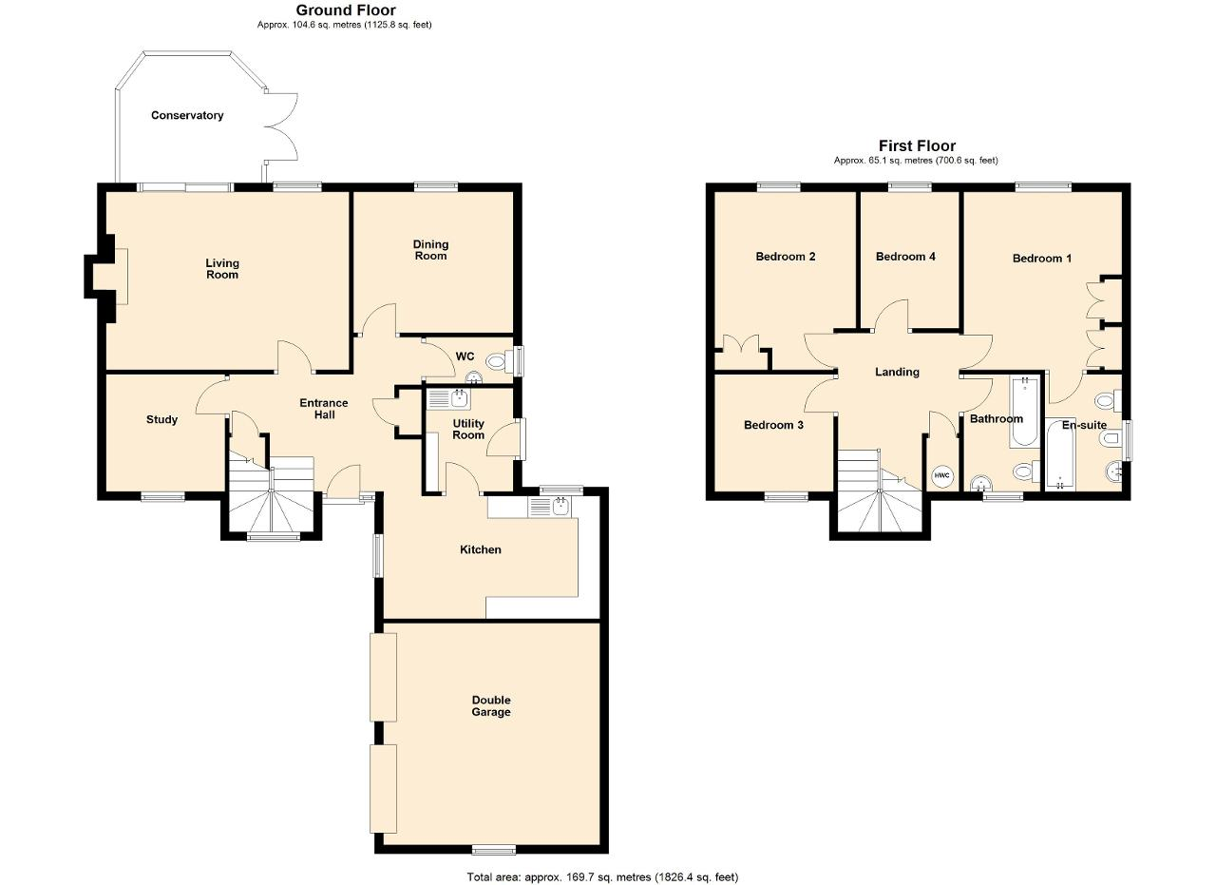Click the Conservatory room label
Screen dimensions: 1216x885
click(x=187, y=115)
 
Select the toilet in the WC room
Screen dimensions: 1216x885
click(x=500, y=361)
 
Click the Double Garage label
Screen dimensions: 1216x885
click(x=491, y=705)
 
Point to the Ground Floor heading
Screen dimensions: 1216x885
click(x=346, y=10)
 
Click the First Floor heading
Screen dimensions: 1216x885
click(x=918, y=145)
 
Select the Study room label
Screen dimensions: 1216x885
click(x=161, y=419)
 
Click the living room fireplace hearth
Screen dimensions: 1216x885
click(x=121, y=277)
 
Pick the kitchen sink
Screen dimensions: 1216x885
click(x=549, y=507)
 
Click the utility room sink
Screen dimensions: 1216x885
click(x=449, y=399)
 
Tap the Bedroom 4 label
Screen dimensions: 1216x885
click(x=905, y=257)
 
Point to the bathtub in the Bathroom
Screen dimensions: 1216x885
click(x=1024, y=413)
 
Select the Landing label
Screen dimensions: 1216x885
click(x=898, y=372)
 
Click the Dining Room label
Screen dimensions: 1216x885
click(x=430, y=250)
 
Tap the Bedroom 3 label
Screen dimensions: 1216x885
click(x=773, y=425)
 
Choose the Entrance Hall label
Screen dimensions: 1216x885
click(x=324, y=409)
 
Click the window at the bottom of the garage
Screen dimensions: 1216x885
click(x=493, y=850)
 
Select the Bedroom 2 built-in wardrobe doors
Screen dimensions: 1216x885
click(x=741, y=344)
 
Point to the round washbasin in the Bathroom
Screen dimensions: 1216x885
click(x=981, y=484)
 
